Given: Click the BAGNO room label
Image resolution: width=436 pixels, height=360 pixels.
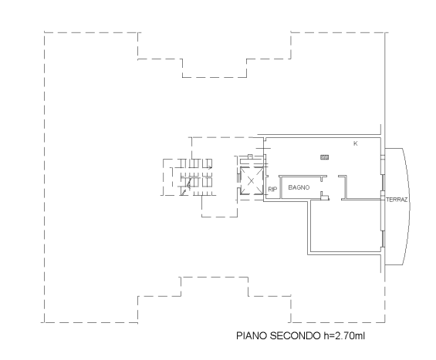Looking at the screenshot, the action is coord(299,187).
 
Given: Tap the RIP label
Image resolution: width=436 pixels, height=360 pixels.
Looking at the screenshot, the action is coord(272,190).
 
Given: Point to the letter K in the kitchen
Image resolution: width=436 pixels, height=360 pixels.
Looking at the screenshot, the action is coord(356,143).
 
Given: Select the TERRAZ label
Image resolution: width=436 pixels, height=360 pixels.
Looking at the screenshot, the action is coord(397,200).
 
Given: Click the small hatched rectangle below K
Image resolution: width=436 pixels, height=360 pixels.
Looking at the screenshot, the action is coord(325,157).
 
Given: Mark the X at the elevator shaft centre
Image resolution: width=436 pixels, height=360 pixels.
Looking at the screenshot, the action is coord(251,181).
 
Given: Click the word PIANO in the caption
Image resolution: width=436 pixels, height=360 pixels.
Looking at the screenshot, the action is coord(252,335).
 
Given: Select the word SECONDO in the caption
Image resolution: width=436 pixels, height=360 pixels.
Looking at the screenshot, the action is coord(295,335).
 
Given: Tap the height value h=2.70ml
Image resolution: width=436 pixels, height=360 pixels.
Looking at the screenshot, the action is coord(344,335).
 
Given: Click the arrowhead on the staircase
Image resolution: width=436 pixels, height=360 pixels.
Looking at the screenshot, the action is coord(210,167).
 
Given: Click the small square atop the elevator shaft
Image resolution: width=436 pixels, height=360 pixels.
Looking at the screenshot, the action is coord(250,156).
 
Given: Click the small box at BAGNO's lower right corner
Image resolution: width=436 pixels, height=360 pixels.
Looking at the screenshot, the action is coord(324,197).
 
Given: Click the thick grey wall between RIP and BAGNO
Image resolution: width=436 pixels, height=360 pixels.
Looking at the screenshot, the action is coord(281,187).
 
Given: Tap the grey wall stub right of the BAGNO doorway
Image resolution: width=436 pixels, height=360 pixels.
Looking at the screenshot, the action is coord(346,187).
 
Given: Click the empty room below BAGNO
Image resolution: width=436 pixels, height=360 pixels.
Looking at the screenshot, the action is coord(345,226).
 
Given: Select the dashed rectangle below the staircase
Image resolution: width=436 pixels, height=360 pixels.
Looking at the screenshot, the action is coord(219,206).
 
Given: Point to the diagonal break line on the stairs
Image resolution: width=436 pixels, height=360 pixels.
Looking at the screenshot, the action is coord(187,186).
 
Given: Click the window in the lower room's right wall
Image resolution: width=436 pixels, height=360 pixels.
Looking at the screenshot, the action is coord(383,239).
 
